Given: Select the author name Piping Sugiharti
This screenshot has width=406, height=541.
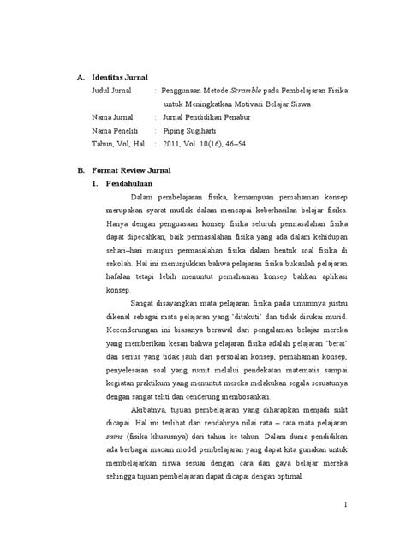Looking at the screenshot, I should [197, 128].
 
